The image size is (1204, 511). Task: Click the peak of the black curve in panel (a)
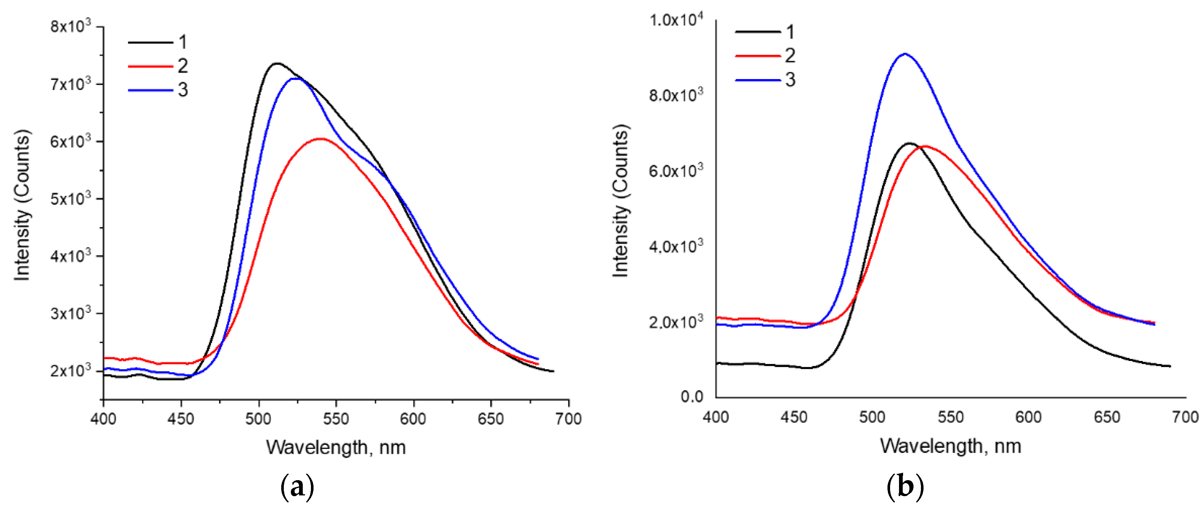click(x=277, y=64)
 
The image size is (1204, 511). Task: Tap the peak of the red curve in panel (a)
click(x=320, y=139)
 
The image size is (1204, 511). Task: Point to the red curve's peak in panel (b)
click(x=924, y=146)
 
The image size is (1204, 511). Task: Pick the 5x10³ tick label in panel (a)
click(x=71, y=199)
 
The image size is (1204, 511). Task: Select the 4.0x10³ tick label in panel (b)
click(x=676, y=246)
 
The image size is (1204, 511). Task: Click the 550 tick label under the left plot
click(x=335, y=419)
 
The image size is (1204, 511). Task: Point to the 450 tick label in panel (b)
click(x=794, y=417)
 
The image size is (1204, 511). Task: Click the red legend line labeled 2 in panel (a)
click(x=150, y=66)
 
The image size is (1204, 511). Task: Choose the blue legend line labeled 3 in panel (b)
click(x=757, y=80)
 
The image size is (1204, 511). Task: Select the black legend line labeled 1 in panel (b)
click(x=757, y=32)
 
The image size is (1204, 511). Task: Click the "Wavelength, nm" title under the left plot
click(x=335, y=447)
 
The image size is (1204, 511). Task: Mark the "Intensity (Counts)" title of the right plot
click(x=621, y=201)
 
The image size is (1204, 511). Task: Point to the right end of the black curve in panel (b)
click(x=1170, y=366)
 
